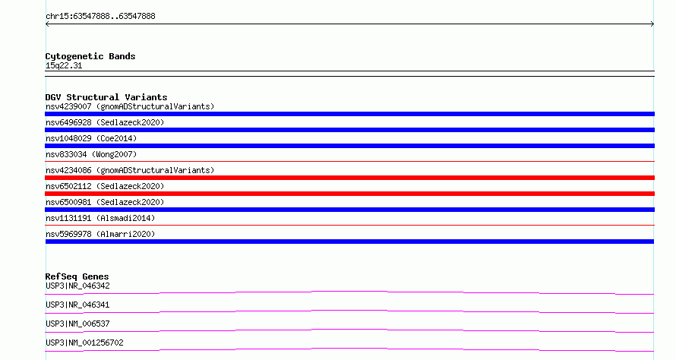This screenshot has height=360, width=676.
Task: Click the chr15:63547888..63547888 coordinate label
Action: click(100, 17)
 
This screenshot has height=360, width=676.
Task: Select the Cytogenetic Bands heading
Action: click(90, 56)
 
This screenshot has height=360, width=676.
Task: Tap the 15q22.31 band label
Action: click(64, 65)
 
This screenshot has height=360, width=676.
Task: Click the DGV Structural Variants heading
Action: click(106, 97)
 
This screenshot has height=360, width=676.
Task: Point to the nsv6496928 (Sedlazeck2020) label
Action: click(105, 122)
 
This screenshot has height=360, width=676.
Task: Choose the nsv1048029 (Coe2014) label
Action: click(91, 138)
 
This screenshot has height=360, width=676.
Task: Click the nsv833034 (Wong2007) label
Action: click(91, 154)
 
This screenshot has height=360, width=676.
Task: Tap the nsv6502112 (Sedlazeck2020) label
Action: click(105, 186)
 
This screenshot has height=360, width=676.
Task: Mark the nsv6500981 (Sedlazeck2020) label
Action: click(105, 202)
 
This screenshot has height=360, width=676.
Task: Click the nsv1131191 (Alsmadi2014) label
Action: click(100, 218)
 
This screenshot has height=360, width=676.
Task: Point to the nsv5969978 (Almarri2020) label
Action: click(100, 234)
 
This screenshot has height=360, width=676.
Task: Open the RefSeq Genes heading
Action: click(77, 276)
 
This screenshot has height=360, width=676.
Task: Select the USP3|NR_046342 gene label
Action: click(77, 286)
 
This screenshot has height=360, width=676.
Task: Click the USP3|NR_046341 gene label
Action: click(77, 305)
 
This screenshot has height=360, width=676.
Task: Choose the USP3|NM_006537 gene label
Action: click(77, 324)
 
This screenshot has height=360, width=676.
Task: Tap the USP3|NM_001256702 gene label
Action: click(84, 343)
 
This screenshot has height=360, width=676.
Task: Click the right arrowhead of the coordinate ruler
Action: click(652, 24)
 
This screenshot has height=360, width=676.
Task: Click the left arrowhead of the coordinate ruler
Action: click(47, 24)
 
